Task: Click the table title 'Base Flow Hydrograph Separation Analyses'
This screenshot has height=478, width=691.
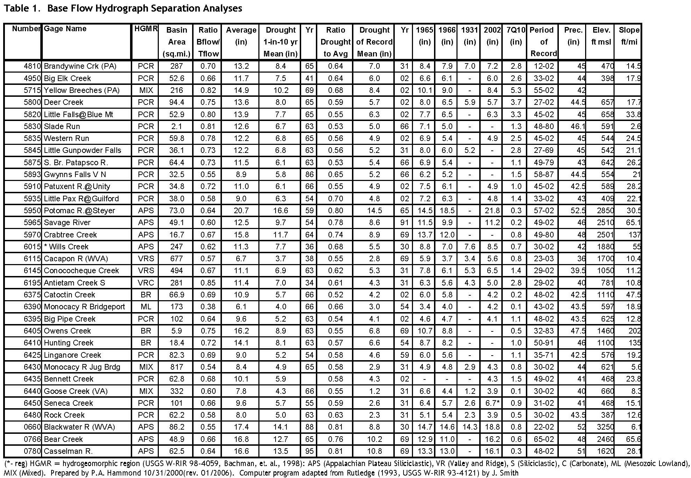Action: coord(144,8)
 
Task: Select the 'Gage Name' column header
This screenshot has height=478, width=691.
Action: coord(65,29)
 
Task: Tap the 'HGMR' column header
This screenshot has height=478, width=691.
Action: coord(146,29)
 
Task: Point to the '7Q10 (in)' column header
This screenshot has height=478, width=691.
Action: coord(516,36)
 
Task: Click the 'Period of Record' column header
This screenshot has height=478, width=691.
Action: coord(543,42)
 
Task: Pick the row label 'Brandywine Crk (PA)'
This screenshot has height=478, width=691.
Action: coord(80,66)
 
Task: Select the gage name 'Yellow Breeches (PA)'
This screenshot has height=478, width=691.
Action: coord(82,90)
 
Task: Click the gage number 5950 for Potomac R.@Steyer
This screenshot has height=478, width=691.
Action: coord(32,210)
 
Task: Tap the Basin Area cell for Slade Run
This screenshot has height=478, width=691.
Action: coord(176,126)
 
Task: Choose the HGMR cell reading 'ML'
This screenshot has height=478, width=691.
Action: coord(146,307)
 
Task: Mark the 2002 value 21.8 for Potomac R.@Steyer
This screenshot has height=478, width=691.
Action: coord(492,210)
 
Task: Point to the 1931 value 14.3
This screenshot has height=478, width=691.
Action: coord(469,427)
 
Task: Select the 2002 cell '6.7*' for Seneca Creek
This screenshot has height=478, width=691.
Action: coord(492,403)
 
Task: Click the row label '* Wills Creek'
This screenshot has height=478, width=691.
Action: coord(66,247)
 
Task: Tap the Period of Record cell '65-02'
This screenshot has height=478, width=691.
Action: coord(544,439)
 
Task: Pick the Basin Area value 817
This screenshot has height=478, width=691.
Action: coord(176,367)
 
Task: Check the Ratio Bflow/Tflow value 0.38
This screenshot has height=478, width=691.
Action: coord(208,307)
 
